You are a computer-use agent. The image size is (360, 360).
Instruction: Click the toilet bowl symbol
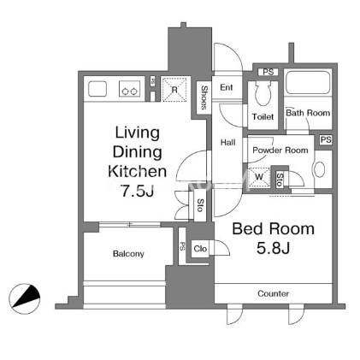[x=263, y=93]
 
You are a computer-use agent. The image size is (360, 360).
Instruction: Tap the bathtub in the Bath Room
[x=308, y=83]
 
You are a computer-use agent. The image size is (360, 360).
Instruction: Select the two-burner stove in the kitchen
[x=129, y=88]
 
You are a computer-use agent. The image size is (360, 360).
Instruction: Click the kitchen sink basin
[x=97, y=89]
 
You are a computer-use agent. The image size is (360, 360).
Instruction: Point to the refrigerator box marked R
[x=174, y=89]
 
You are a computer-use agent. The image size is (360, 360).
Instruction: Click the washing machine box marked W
[x=259, y=177]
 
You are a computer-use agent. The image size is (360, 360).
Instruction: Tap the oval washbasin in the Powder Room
[x=320, y=169]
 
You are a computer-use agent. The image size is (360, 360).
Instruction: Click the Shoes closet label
[x=204, y=97]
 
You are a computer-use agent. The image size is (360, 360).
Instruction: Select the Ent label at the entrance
[x=227, y=87]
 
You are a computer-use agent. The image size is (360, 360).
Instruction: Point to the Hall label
[x=228, y=142]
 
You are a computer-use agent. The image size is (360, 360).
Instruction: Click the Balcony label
[x=128, y=254]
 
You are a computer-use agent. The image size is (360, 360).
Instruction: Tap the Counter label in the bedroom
[x=273, y=293]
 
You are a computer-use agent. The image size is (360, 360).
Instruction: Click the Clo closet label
[x=200, y=249]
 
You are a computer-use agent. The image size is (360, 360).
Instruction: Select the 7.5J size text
[x=138, y=191]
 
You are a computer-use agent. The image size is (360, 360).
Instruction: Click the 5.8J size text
[x=273, y=248]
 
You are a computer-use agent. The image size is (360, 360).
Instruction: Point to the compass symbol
[x=25, y=298]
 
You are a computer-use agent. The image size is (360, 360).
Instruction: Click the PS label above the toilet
[x=269, y=72]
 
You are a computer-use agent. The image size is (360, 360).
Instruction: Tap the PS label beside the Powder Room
[x=326, y=140]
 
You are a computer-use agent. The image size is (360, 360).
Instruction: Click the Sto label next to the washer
[x=280, y=180]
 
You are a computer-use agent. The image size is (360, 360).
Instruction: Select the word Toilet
[x=263, y=116]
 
